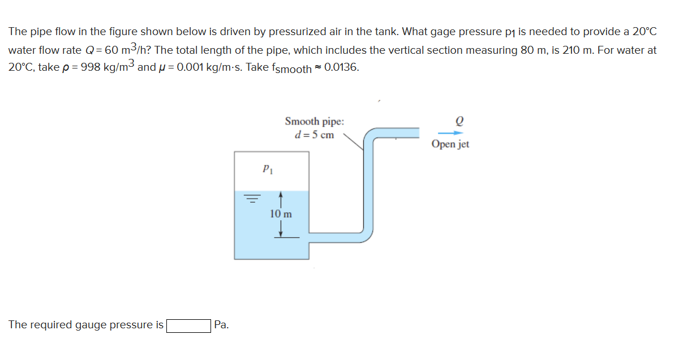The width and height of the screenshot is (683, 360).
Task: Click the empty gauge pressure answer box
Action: click(189, 325)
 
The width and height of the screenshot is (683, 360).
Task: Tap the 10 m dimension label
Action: click(281, 214)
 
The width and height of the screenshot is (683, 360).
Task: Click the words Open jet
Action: click(450, 144)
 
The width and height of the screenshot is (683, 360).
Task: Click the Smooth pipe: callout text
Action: click(313, 122)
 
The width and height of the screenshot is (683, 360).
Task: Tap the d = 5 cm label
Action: click(315, 135)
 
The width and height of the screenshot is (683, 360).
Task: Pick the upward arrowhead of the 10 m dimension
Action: click(281, 196)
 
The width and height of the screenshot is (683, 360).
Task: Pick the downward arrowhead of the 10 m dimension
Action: click(281, 233)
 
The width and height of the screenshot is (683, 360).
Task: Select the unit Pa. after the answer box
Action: click(222, 325)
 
